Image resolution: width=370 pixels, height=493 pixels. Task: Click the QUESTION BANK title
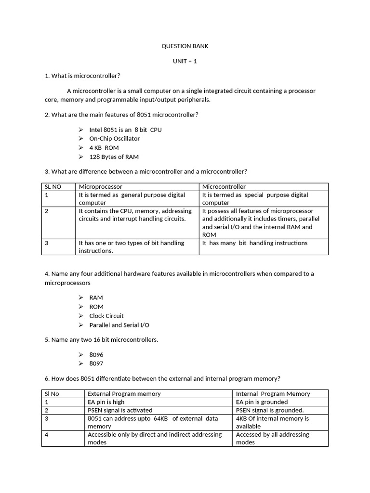click(185, 46)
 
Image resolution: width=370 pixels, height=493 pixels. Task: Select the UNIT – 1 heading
click(185, 61)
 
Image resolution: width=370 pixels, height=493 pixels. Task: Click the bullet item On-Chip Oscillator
click(114, 139)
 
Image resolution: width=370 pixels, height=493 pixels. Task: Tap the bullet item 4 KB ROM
click(104, 148)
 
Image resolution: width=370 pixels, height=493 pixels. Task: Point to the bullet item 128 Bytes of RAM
click(114, 157)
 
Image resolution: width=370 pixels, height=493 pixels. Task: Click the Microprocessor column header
click(100, 187)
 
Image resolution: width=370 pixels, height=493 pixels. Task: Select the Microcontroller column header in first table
click(224, 187)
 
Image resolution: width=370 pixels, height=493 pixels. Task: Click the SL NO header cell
click(53, 187)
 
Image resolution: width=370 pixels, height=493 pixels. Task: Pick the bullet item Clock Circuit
click(106, 316)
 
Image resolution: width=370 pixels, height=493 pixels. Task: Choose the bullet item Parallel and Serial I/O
click(119, 325)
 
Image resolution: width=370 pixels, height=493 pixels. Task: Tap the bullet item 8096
click(96, 355)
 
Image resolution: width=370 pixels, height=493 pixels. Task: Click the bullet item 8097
click(96, 364)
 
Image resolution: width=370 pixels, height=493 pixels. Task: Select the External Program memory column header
click(124, 394)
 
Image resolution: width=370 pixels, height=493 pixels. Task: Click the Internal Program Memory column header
click(273, 394)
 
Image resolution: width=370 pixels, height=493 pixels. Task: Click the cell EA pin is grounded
click(262, 402)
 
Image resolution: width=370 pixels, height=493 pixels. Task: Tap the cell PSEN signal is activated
click(119, 410)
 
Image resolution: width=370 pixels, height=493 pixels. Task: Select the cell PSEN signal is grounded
click(270, 410)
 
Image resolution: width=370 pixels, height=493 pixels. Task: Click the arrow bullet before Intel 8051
click(80, 130)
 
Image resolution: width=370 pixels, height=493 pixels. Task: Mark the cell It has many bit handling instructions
click(254, 243)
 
